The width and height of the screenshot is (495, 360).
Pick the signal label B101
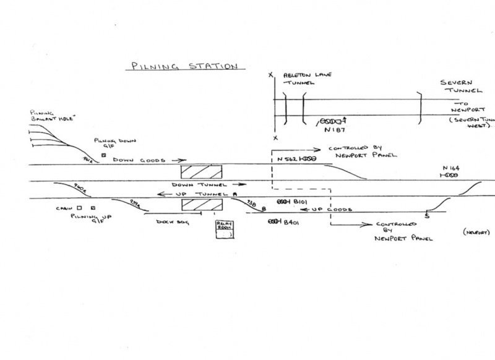(300, 202)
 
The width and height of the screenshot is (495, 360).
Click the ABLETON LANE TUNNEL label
(303, 80)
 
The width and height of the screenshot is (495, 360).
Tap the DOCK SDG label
(166, 221)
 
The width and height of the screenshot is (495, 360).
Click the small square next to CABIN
(80, 208)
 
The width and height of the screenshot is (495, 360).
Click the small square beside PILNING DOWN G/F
(103, 155)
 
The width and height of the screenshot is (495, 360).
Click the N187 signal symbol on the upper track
(331, 121)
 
